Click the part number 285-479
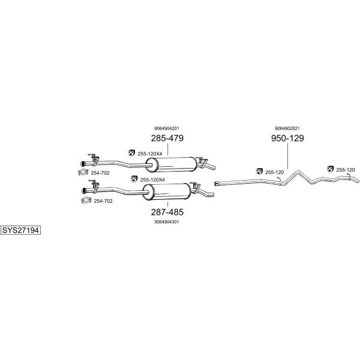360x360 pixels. tap(167, 138)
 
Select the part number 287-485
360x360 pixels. tap(167, 212)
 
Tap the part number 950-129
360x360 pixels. tap(287, 138)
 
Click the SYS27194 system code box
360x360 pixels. tap(20, 230)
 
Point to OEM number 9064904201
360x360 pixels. tap(167, 128)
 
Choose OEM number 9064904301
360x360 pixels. tap(167, 222)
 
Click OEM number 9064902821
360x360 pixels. tap(287, 128)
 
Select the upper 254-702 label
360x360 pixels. tap(100, 173)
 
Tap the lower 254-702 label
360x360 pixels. tap(103, 201)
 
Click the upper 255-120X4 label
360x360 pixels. tap(150, 154)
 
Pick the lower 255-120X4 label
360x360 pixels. tap(152, 180)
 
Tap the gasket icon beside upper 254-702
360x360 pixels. tap(83, 172)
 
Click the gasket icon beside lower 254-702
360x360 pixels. tap(86, 200)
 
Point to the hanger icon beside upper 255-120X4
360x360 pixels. tap(131, 153)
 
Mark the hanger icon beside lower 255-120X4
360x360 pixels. tap(134, 179)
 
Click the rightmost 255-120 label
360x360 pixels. tap(346, 170)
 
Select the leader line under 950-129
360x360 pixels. tap(287, 157)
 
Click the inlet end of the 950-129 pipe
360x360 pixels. tap(216, 184)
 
